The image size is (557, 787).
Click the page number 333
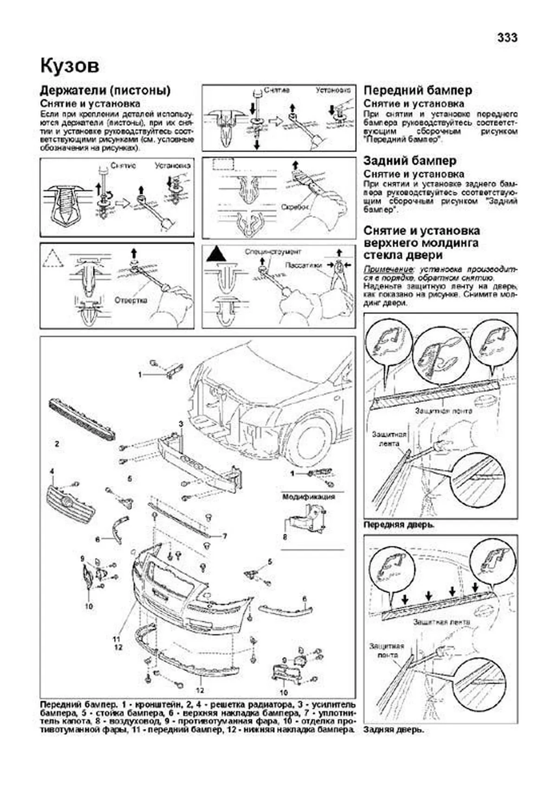[507, 38]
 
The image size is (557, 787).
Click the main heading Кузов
[70, 66]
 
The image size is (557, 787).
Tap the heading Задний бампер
[410, 161]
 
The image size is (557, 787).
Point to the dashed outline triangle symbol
[53, 257]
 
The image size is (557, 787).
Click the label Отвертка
[131, 301]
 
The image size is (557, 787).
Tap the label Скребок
[294, 207]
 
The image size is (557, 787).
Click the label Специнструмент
[273, 251]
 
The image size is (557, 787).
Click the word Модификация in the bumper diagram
[309, 496]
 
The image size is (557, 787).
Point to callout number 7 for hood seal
[225, 536]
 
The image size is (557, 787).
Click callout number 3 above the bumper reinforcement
[181, 424]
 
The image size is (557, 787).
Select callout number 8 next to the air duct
[285, 537]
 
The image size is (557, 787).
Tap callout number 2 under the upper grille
[57, 444]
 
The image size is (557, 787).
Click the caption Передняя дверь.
[399, 525]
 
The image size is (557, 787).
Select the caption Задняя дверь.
[394, 729]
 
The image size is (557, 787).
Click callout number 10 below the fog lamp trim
[89, 606]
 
